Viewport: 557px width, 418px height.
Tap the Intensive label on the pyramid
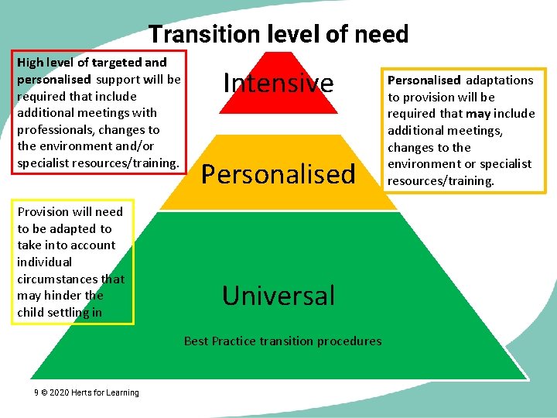[278, 83]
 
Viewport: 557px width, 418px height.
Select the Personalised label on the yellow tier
[278, 174]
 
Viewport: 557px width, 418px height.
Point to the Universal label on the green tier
[278, 296]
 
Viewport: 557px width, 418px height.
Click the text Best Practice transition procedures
[282, 341]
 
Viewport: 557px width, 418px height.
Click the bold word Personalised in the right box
[423, 81]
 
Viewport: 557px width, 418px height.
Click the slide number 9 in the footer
[36, 392]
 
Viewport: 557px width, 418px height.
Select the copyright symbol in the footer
[45, 392]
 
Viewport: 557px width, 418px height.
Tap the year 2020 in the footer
[60, 392]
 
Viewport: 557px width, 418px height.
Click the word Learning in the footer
[122, 392]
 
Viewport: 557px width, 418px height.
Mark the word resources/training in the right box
[440, 181]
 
